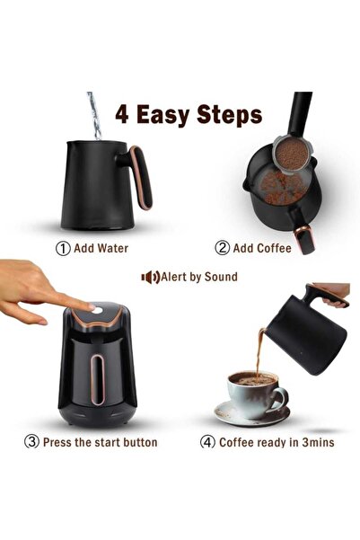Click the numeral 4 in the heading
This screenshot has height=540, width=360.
pyautogui.click(x=122, y=114)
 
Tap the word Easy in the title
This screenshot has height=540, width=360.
pyautogui.click(x=163, y=116)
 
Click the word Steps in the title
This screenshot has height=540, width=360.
pyautogui.click(x=230, y=115)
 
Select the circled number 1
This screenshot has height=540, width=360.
pyautogui.click(x=63, y=248)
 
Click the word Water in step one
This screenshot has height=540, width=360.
pyautogui.click(x=112, y=248)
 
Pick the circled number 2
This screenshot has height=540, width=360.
pyautogui.click(x=222, y=248)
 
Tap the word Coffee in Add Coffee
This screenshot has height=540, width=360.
pyautogui.click(x=274, y=248)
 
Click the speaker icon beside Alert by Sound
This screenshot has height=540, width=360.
pyautogui.click(x=151, y=277)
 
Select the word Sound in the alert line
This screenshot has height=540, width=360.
pyautogui.click(x=221, y=277)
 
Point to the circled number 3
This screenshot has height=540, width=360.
pyautogui.click(x=31, y=441)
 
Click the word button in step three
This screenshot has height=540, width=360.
pyautogui.click(x=140, y=442)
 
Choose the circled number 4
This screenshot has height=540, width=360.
pyautogui.click(x=207, y=442)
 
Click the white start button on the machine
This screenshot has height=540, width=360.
pyautogui.click(x=97, y=310)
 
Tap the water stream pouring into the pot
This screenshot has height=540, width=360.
pyautogui.click(x=94, y=115)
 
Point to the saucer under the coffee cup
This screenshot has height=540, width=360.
pyautogui.click(x=252, y=414)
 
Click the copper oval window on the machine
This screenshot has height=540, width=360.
pyautogui.click(x=97, y=379)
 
